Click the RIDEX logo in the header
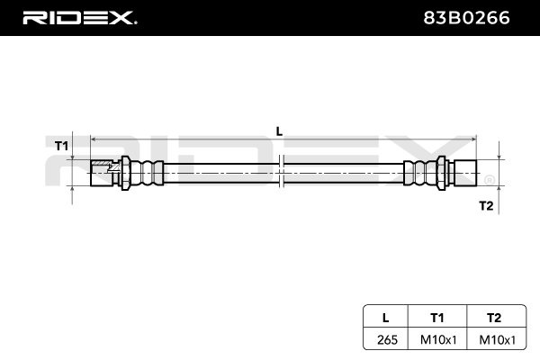(79, 17)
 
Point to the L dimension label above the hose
(279, 130)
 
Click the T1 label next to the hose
(61, 145)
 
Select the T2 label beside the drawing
(486, 206)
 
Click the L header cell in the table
(386, 317)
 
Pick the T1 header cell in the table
(437, 317)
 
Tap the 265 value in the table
(386, 339)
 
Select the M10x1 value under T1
(437, 339)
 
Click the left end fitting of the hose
(104, 172)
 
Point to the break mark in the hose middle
(282, 172)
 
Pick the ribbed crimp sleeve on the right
(419, 172)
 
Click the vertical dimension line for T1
(73, 172)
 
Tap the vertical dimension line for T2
(498, 172)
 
